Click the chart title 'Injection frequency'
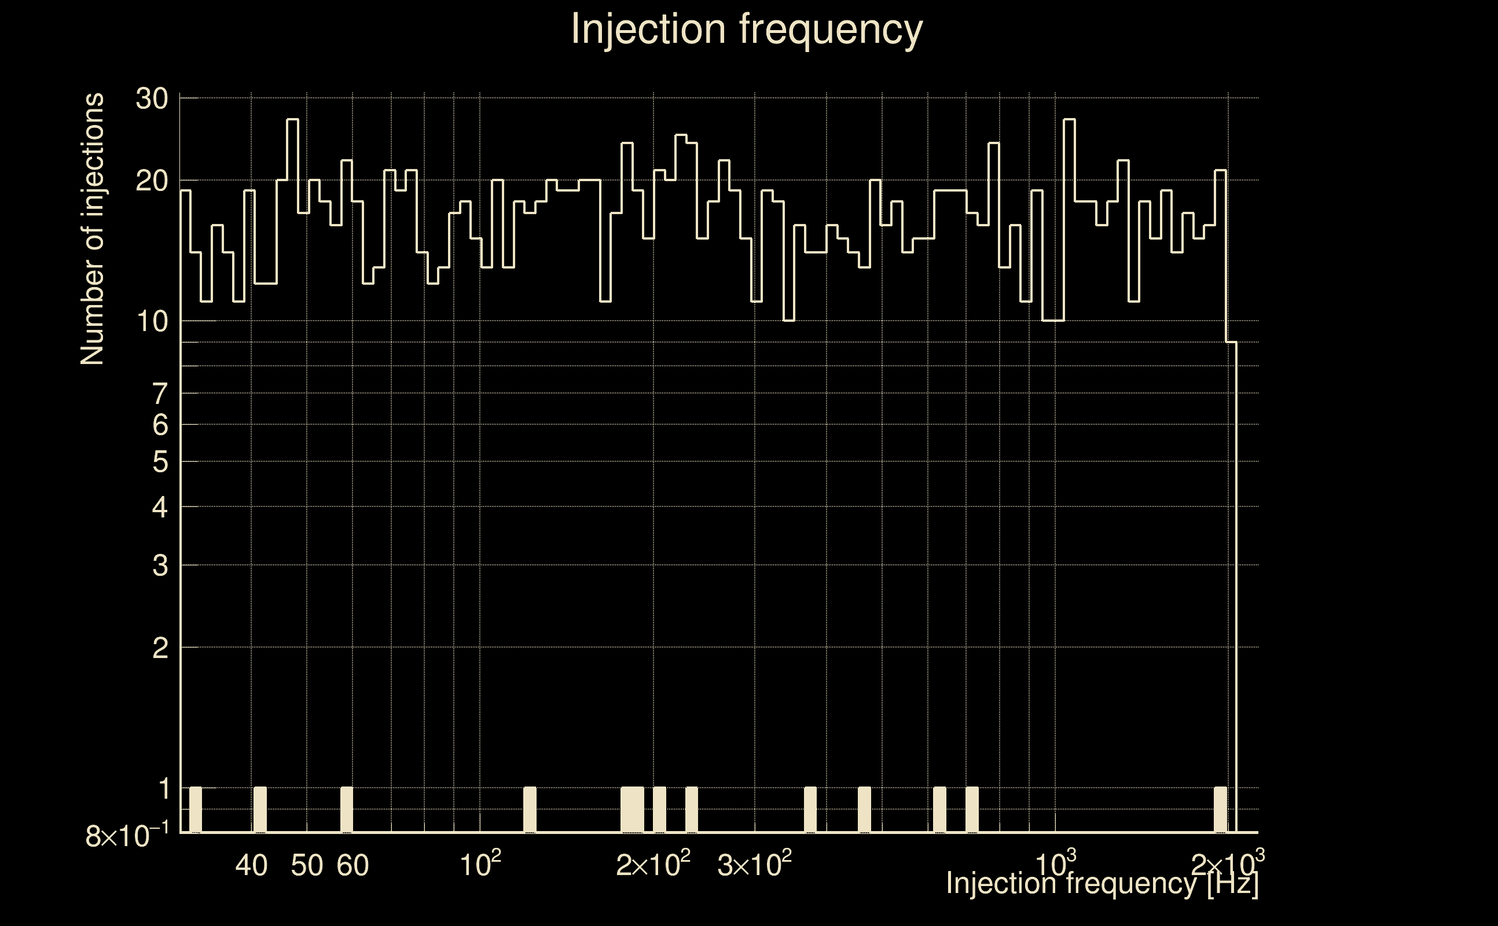click(x=747, y=30)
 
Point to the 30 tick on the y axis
click(x=152, y=98)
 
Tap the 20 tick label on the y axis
click(x=152, y=181)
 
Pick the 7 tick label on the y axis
click(x=160, y=394)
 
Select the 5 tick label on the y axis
click(x=160, y=462)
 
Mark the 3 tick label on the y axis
click(x=160, y=566)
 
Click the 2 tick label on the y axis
click(x=160, y=648)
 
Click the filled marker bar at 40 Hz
click(x=260, y=810)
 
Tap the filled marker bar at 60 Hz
click(x=347, y=810)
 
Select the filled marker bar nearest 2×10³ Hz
click(x=1220, y=810)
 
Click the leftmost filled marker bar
click(x=196, y=810)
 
